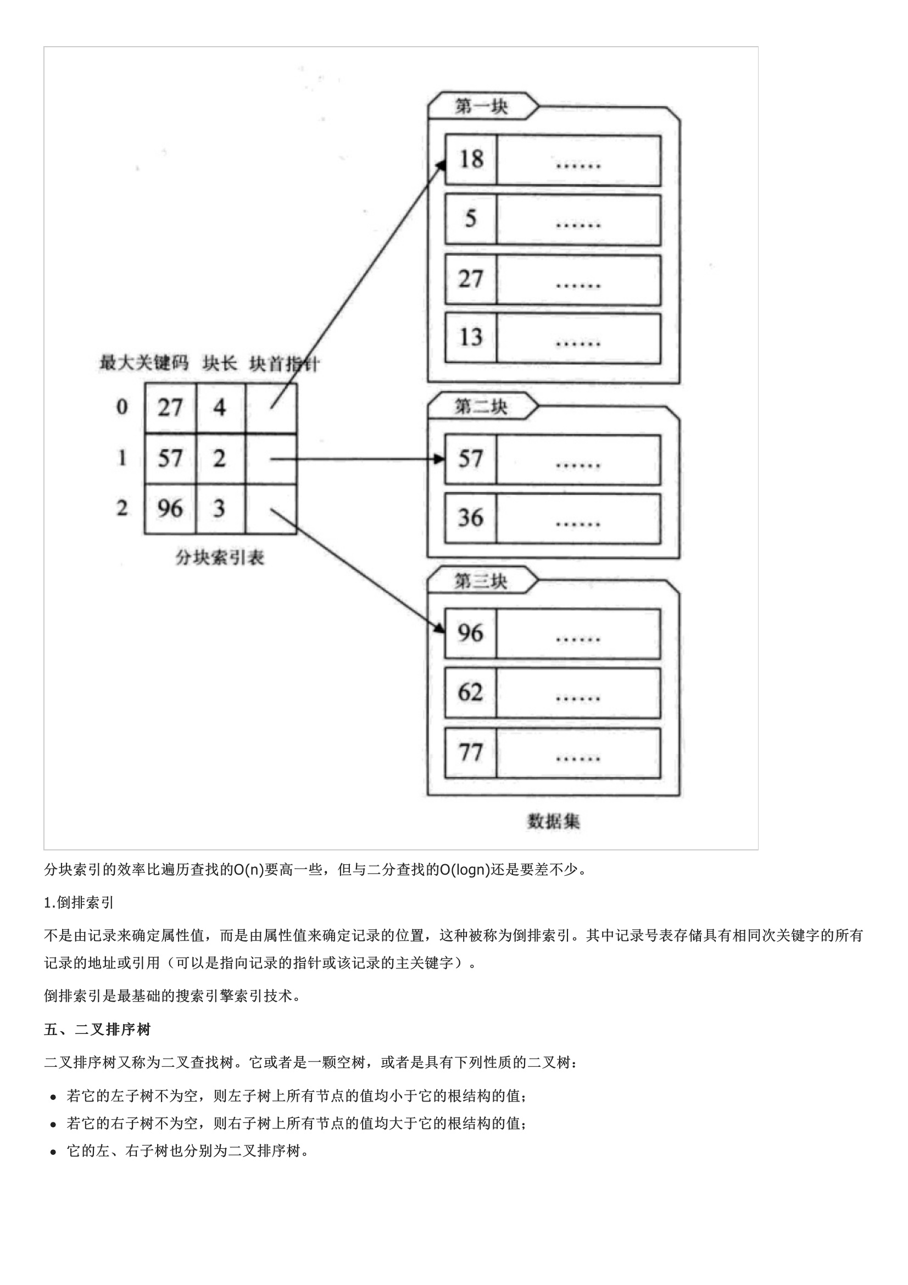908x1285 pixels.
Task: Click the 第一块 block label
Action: (481, 106)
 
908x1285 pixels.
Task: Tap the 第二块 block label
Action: (481, 407)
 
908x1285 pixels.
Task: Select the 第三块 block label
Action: (481, 581)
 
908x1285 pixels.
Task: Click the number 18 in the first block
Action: (471, 159)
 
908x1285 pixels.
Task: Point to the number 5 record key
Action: (471, 218)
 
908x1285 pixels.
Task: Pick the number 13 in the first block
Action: (471, 337)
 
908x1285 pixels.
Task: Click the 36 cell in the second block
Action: (471, 518)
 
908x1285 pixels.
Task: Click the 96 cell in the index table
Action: (170, 508)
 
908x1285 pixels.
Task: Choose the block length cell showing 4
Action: (220, 408)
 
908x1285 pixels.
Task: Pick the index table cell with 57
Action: (170, 458)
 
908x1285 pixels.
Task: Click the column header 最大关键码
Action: (144, 363)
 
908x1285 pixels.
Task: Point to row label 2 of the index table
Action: (122, 508)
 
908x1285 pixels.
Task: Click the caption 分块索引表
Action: (220, 558)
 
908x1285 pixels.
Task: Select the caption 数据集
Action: (553, 821)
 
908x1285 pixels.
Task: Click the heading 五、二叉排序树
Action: (97, 1029)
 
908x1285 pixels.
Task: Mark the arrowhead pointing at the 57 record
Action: (440, 459)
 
